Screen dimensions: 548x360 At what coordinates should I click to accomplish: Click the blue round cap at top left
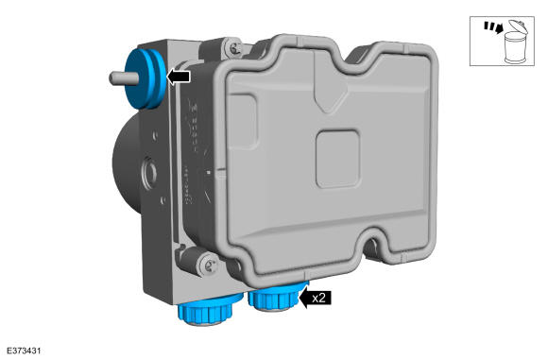[146, 77]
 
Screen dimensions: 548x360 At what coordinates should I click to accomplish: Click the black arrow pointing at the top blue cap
[179, 77]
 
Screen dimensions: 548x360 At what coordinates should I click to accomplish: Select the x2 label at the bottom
[318, 299]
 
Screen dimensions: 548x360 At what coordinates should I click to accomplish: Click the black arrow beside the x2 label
[315, 299]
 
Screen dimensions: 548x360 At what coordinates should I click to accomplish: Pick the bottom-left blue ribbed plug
[207, 310]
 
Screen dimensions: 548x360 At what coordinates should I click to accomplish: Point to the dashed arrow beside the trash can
[493, 27]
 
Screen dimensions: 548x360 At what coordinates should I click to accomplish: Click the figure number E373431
[24, 351]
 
